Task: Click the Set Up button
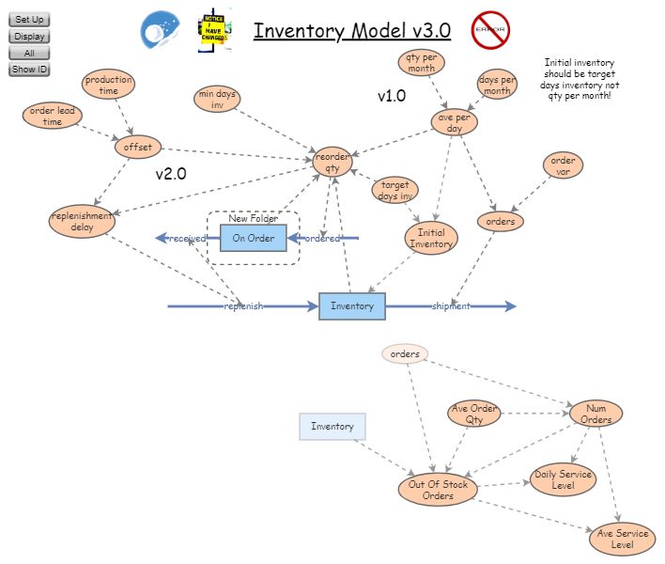[29, 20]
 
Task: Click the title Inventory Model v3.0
[352, 31]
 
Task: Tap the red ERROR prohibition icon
[489, 30]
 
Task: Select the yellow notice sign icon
[214, 31]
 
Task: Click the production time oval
[109, 86]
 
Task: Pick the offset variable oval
[138, 148]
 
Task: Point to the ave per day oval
[455, 122]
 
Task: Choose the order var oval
[563, 165]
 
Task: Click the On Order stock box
[253, 239]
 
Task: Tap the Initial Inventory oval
[431, 238]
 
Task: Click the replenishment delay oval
[82, 222]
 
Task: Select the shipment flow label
[450, 306]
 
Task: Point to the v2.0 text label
[171, 174]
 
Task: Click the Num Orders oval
[595, 414]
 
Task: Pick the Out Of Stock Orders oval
[438, 490]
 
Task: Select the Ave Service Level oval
[623, 539]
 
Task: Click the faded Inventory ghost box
[332, 427]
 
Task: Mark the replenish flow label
[243, 306]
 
